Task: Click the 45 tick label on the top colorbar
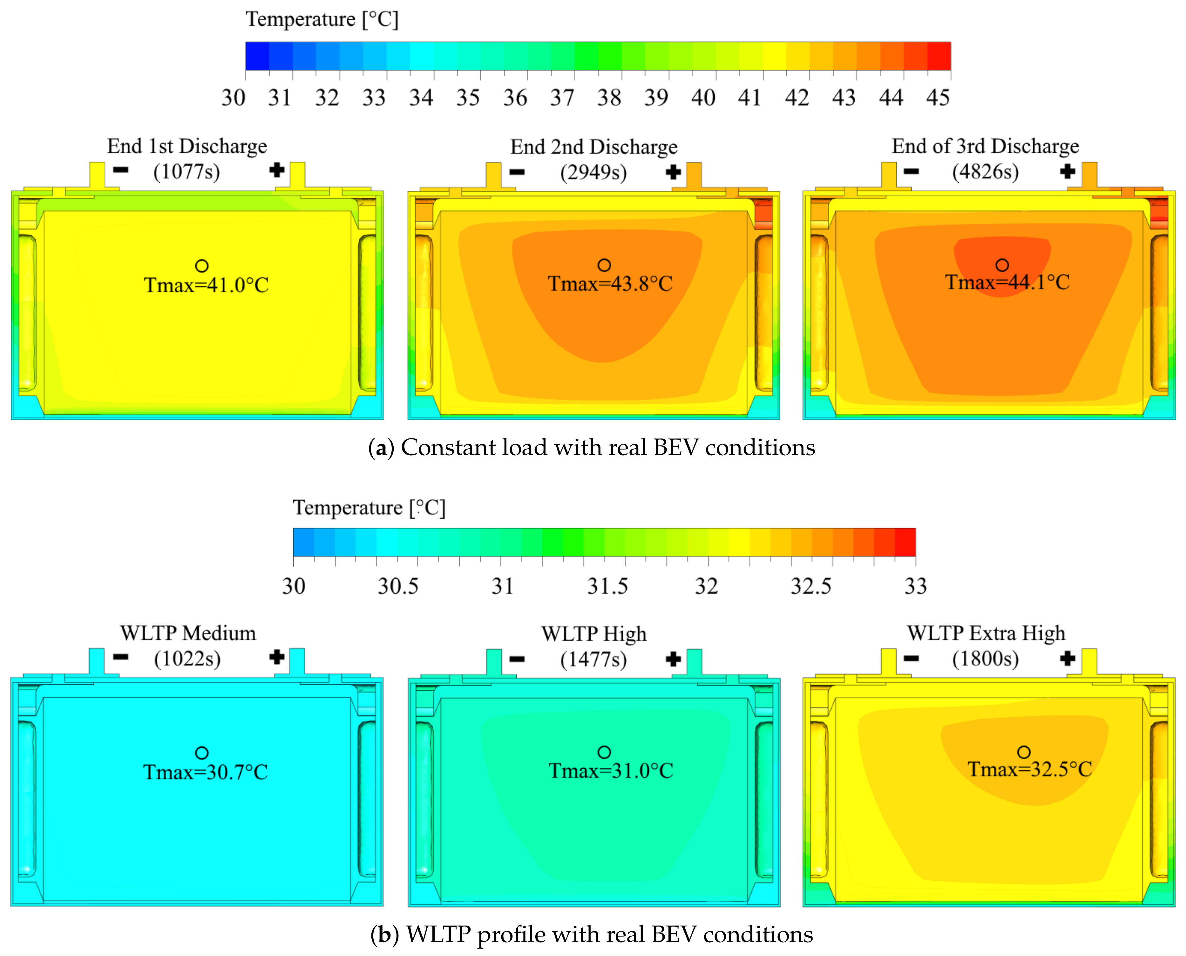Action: (x=938, y=98)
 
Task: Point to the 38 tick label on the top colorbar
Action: (x=609, y=98)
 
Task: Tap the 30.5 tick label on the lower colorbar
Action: (x=397, y=586)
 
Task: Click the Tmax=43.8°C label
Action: (x=610, y=284)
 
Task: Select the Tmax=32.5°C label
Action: (x=1030, y=769)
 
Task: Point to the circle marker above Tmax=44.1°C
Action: (x=1002, y=265)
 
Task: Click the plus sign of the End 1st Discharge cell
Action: (x=277, y=170)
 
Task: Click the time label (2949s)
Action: (x=593, y=173)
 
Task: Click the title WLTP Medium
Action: (x=188, y=633)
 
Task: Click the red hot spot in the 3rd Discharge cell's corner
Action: (x=1159, y=212)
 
